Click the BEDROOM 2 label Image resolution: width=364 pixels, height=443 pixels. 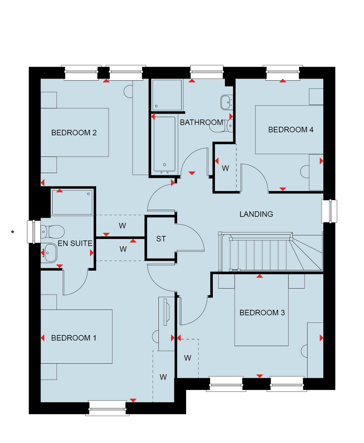pos(74,133)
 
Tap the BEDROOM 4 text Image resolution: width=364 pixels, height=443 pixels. pos(291,130)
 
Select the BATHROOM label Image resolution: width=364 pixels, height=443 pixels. pos(201,122)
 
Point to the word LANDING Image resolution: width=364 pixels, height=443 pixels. pos(256,214)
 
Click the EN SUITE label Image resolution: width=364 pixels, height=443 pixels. pos(75,243)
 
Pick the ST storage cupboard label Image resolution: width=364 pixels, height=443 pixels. pos(161,239)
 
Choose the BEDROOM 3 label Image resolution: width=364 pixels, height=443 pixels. pos(262,313)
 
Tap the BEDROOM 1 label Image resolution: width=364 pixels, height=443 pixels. pos(74,338)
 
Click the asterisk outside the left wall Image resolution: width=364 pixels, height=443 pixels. pos(12,232)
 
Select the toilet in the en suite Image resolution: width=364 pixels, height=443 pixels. pos(53,232)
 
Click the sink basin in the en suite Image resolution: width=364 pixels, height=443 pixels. pos(50,253)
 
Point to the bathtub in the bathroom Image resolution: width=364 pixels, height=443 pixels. pos(164,144)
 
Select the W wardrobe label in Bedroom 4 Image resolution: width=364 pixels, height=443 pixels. pos(225,168)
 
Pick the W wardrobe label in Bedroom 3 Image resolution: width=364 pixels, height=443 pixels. pos(188,358)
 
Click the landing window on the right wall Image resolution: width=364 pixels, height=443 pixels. pos(329,211)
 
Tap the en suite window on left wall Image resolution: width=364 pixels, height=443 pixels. pos(34,232)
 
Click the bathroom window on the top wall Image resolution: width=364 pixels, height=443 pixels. pos(207,72)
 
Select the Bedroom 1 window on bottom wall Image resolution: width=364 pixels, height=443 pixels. pos(107,408)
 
